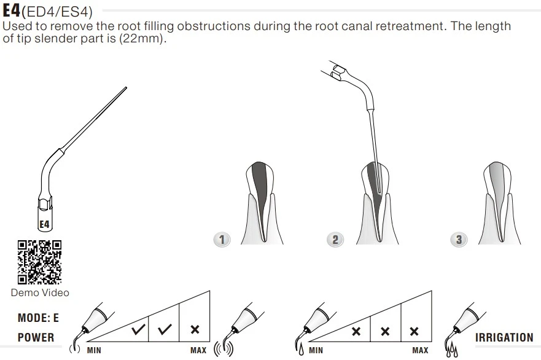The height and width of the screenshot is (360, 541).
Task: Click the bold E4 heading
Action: coord(12,10)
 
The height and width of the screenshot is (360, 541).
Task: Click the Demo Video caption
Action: coord(40,292)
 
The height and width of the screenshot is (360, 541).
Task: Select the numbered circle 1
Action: coord(222,239)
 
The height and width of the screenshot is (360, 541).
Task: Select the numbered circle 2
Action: coord(335,239)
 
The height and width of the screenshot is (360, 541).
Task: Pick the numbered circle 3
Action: coord(459,239)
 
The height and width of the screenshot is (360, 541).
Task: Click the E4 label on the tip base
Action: coord(44,224)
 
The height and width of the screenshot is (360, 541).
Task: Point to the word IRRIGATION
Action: coord(504,337)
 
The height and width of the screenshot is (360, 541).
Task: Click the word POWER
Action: coord(36,337)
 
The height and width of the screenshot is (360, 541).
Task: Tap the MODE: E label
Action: coord(38,318)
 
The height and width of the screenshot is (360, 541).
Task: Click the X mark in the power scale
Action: coord(195,330)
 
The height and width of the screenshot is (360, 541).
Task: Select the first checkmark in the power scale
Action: coord(139,330)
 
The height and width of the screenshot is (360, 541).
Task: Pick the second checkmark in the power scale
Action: coord(165,330)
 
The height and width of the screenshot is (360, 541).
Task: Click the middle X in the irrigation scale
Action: coord(385,332)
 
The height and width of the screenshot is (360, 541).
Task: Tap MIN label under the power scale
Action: coord(94,350)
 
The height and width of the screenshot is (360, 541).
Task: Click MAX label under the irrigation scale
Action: coord(420,350)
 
